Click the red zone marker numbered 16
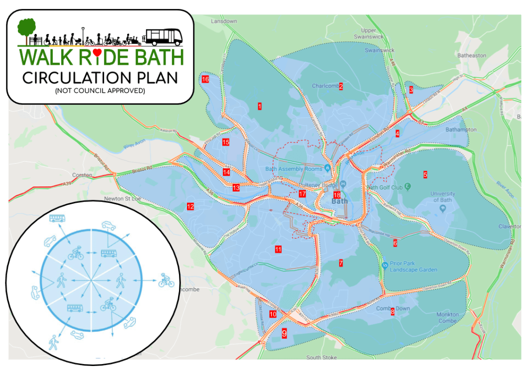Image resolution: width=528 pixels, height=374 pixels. [x=205, y=79]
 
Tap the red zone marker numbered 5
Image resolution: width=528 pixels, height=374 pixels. [x=425, y=174]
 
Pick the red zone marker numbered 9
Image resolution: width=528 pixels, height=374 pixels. [x=284, y=333]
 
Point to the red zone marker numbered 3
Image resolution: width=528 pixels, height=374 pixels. [x=411, y=90]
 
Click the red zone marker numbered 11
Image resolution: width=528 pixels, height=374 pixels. [x=278, y=249]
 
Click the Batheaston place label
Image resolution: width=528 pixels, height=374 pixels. [x=471, y=55]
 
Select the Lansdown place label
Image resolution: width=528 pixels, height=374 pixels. [x=224, y=21]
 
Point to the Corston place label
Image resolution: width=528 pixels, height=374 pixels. [x=82, y=175]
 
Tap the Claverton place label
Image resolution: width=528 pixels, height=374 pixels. [x=510, y=226]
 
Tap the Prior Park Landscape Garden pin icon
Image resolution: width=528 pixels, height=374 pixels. [x=384, y=265]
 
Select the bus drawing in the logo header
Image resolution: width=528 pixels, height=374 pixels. [x=164, y=36]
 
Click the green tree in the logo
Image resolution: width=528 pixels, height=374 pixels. [x=26, y=28]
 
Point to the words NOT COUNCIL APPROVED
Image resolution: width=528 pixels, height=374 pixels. [x=100, y=91]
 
